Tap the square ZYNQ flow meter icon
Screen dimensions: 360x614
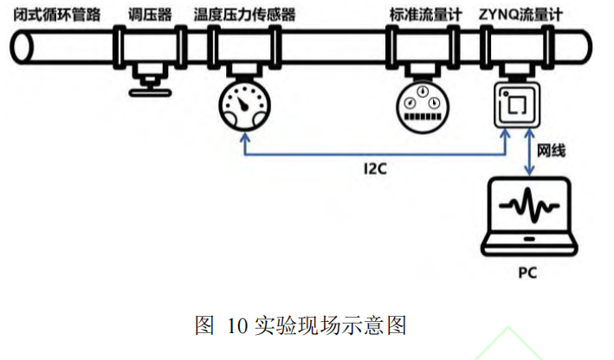coord(516,106)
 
